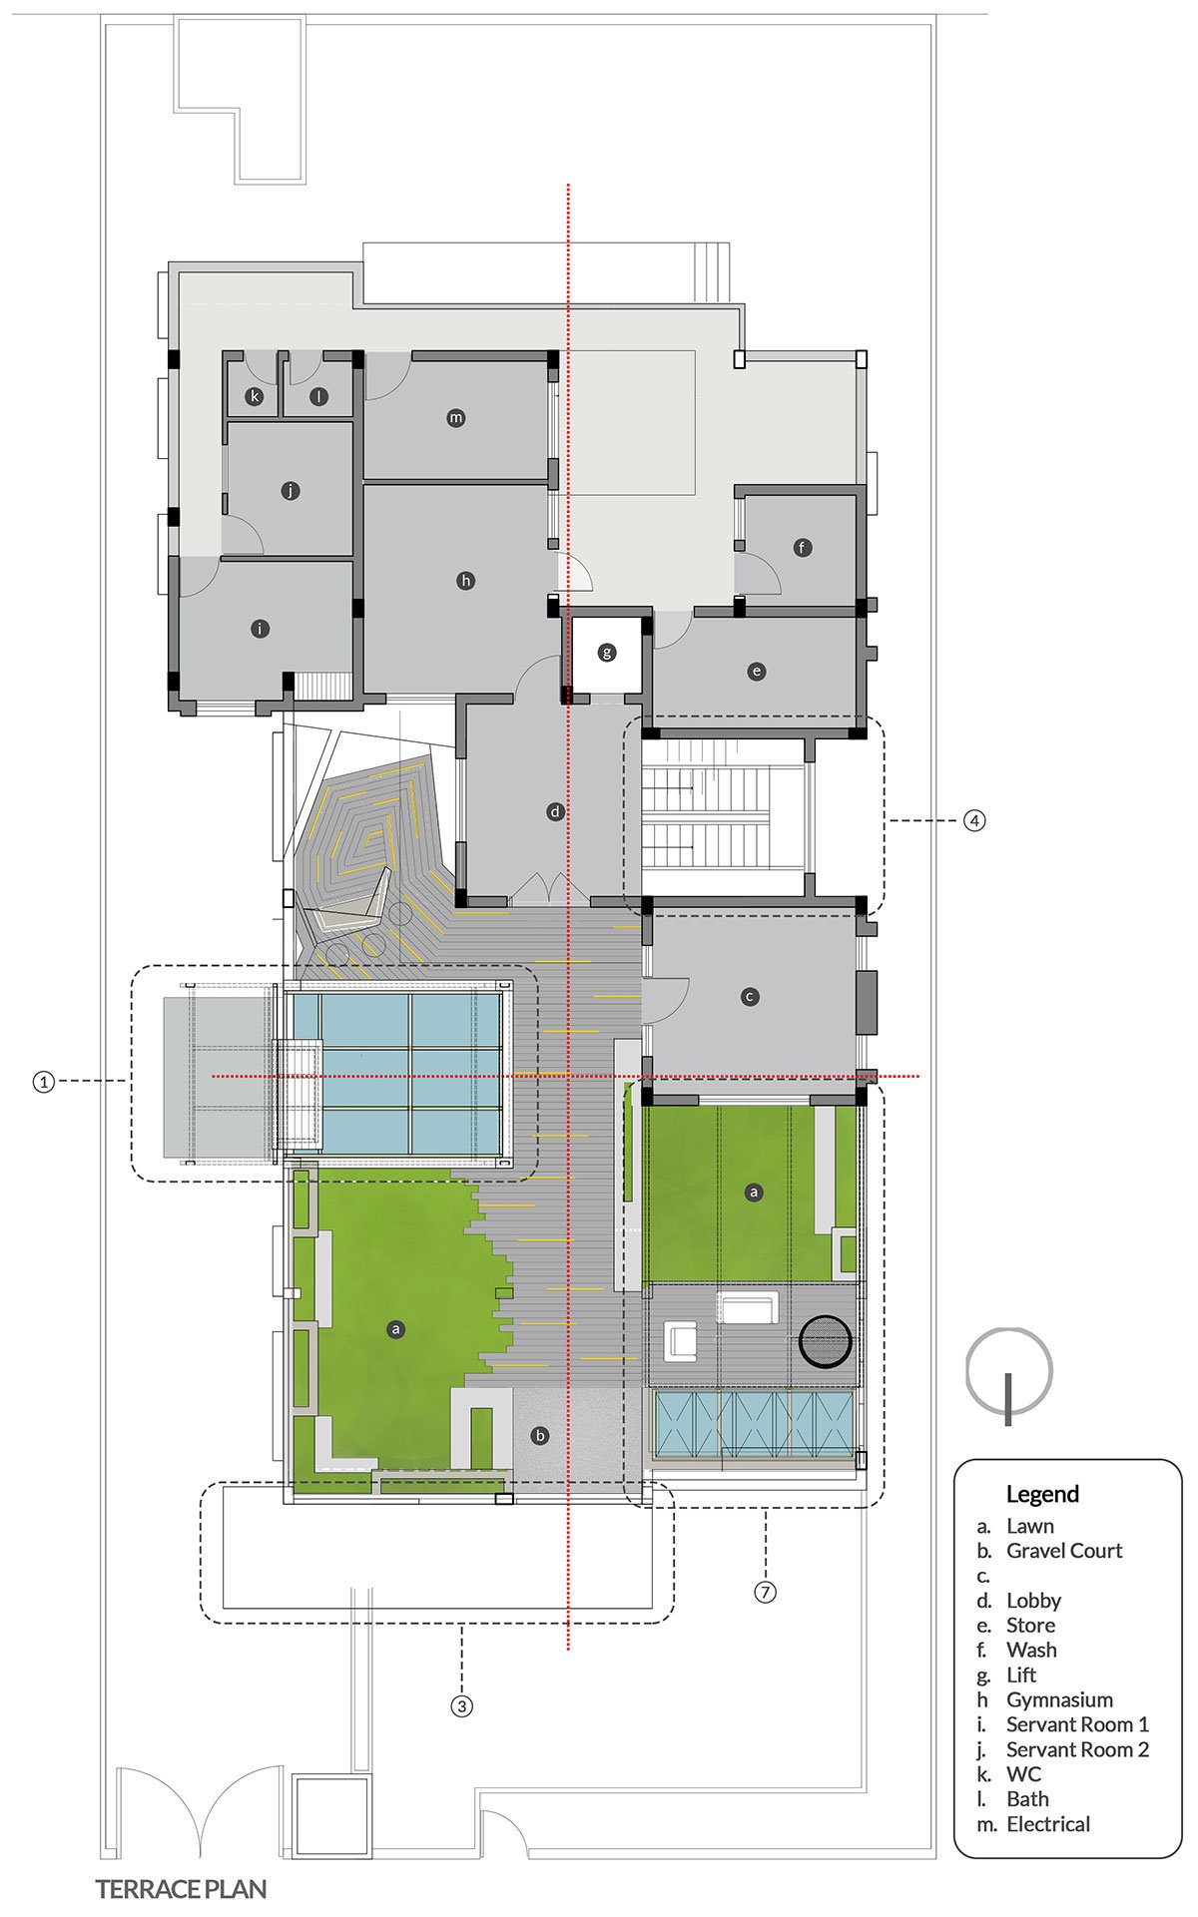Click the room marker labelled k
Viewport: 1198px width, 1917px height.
coord(256,397)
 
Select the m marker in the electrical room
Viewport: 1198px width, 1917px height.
coord(456,418)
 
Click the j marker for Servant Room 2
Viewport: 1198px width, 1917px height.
coord(291,491)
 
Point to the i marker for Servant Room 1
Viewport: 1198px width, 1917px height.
coord(260,629)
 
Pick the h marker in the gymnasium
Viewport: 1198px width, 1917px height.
coord(465,581)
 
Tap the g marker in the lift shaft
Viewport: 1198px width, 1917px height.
coord(607,654)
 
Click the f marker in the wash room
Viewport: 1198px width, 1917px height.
coord(802,547)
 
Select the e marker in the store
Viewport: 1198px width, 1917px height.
coord(756,672)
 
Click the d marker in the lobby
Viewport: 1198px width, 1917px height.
coord(556,812)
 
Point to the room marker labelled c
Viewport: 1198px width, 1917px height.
coord(750,996)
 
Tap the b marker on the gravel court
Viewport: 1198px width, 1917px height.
coord(540,1436)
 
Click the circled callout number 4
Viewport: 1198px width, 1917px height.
coord(974,820)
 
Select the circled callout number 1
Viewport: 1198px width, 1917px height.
coord(43,1081)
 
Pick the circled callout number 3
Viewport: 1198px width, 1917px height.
coord(461,1705)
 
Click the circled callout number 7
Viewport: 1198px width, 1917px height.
coord(765,1592)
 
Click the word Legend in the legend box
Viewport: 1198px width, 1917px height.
coord(1042,1495)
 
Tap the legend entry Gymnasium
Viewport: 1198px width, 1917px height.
coord(1059,1699)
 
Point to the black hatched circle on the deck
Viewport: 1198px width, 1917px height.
coord(826,1339)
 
